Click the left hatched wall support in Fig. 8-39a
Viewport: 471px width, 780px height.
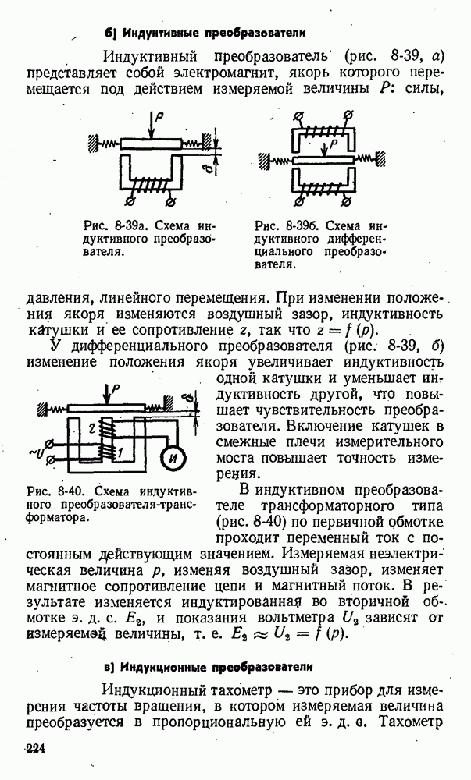(x=91, y=143)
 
